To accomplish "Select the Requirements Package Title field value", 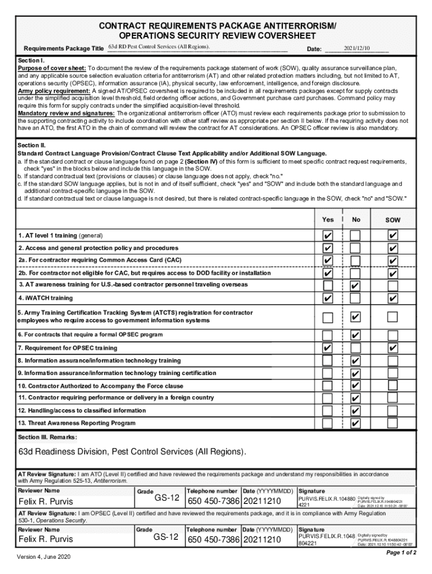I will click(x=160, y=46).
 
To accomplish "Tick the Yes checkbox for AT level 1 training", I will click(x=328, y=235).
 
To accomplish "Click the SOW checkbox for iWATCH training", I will click(x=393, y=298).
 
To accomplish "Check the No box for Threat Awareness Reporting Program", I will click(x=355, y=423).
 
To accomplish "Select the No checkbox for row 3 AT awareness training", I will click(x=355, y=286).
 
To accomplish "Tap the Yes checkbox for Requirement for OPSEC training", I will click(x=328, y=348).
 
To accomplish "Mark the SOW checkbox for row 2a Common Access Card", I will click(x=393, y=261).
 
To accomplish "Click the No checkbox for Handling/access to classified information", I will click(x=355, y=411).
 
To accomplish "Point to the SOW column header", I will click(x=393, y=220).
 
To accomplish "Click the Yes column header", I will click(x=328, y=220).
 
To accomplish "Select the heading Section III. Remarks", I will click(x=47, y=437).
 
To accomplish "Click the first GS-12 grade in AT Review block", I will click(x=167, y=498).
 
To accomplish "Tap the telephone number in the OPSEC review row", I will click(x=213, y=539).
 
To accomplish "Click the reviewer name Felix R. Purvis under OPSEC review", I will click(x=45, y=539).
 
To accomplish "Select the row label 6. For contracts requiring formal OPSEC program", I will click(x=90, y=335).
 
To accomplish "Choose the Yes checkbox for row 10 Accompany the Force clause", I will click(x=328, y=386).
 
